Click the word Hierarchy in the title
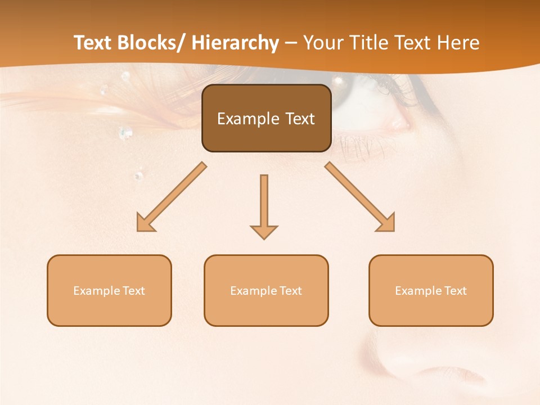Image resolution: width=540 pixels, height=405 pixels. (235, 43)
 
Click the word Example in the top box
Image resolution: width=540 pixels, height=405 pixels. (248, 119)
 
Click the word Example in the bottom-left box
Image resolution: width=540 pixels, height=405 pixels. (97, 291)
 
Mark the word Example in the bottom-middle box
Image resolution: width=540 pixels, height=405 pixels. (254, 291)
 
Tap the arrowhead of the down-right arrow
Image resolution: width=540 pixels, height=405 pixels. (387, 224)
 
